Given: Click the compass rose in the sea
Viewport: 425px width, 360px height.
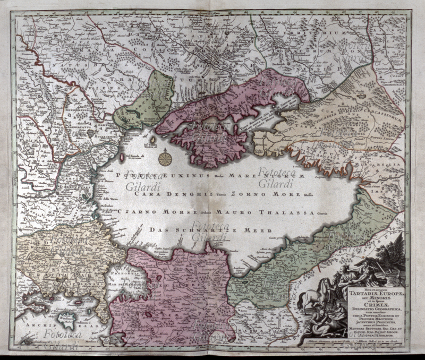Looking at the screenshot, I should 165,158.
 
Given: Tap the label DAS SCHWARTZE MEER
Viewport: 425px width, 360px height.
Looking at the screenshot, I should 211,230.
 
